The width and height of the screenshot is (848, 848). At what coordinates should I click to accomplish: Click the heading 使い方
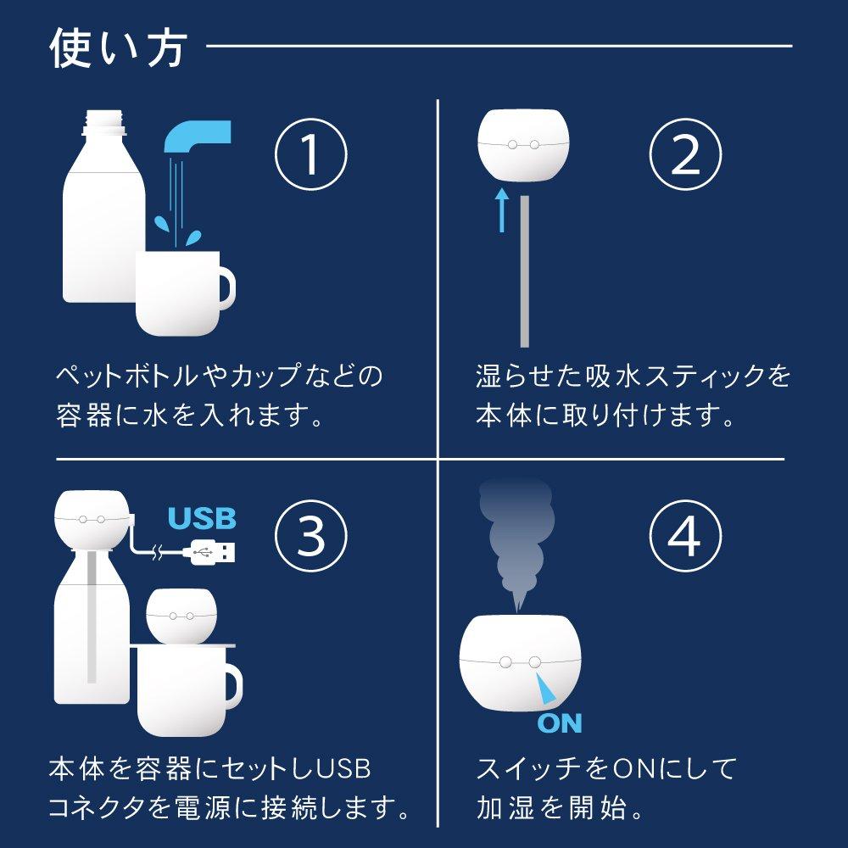click(117, 48)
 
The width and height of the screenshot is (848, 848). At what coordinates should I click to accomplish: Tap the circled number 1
click(310, 155)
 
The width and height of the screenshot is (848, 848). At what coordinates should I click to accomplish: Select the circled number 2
click(685, 155)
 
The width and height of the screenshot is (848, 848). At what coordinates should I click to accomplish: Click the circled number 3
click(310, 533)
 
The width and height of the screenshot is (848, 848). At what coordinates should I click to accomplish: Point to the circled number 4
click(685, 533)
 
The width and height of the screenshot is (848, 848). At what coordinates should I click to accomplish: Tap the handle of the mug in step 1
click(226, 289)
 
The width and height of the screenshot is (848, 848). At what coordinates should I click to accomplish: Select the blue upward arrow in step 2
click(502, 210)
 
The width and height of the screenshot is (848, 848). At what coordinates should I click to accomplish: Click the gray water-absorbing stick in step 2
click(525, 271)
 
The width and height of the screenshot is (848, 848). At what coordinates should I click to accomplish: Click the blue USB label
click(202, 518)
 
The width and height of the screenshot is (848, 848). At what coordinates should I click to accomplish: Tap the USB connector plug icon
click(215, 552)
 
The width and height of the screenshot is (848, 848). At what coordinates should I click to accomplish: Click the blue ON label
click(560, 723)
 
